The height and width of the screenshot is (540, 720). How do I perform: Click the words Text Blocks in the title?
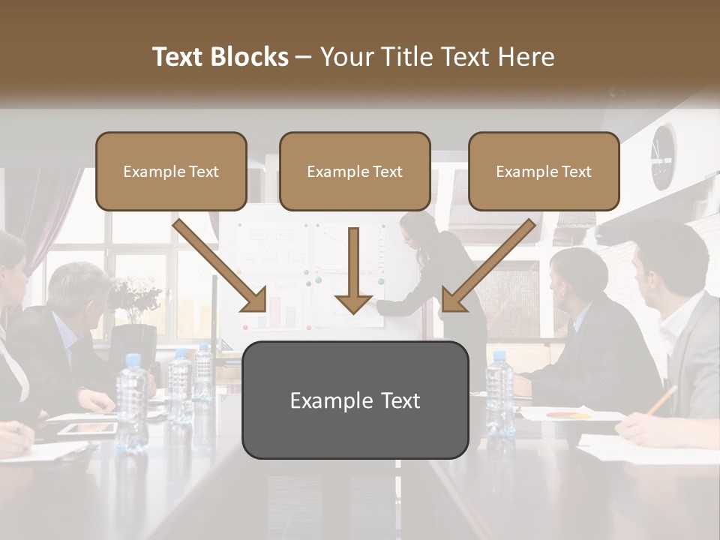tap(220, 57)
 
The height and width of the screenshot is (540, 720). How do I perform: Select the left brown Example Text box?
tap(171, 172)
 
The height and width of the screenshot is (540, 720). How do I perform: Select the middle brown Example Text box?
tap(355, 172)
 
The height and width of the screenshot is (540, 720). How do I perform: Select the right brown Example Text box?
tap(544, 172)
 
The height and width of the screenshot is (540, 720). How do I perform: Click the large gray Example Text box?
tap(355, 400)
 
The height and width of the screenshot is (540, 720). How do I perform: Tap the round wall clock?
tap(662, 156)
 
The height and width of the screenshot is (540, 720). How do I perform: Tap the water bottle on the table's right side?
tap(499, 394)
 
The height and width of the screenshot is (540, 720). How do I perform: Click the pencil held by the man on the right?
tap(661, 401)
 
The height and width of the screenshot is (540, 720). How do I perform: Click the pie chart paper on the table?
tap(570, 414)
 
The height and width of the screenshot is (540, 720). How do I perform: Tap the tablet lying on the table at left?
tap(88, 429)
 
